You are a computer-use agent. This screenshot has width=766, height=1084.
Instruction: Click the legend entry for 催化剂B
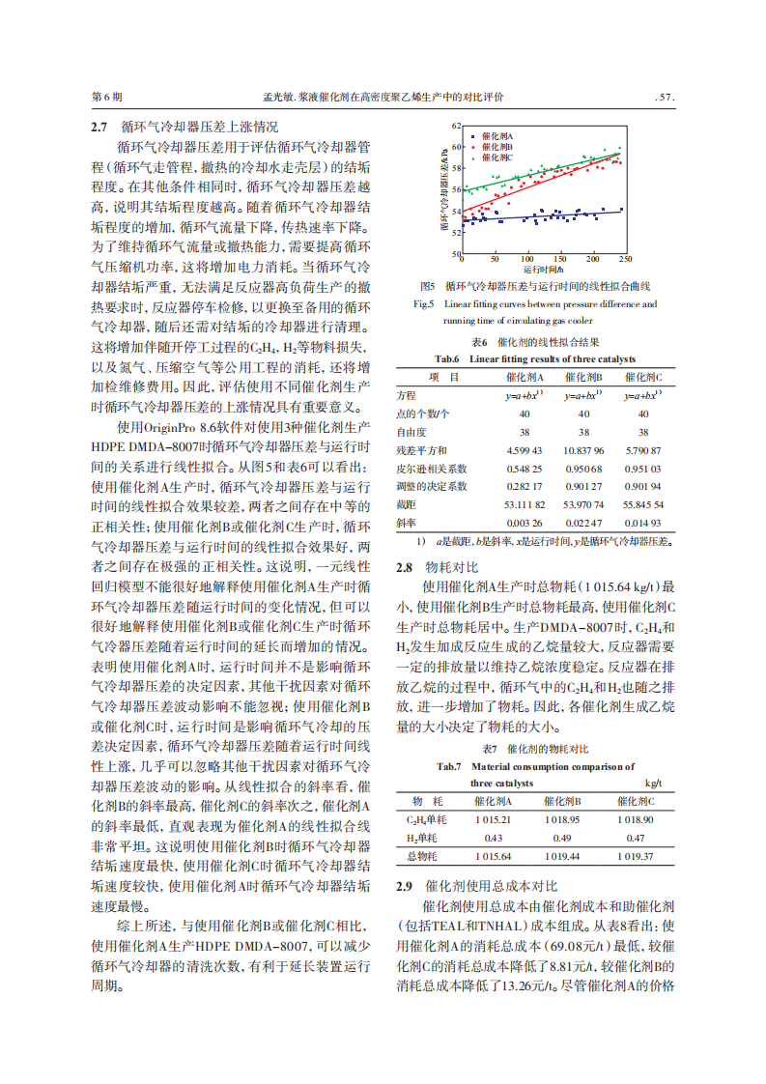pyautogui.click(x=495, y=147)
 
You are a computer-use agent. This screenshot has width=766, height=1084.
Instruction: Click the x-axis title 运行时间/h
pyautogui.click(x=542, y=269)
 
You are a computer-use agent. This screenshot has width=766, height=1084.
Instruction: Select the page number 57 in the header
pyautogui.click(x=665, y=98)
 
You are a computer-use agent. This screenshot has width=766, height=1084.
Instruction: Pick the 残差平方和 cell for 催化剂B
pyautogui.click(x=583, y=450)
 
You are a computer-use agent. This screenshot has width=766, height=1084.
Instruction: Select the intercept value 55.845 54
pyautogui.click(x=643, y=503)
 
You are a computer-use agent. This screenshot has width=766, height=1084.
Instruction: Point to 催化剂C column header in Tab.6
pyautogui.click(x=643, y=377)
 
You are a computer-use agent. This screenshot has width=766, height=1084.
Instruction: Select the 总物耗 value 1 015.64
pyautogui.click(x=493, y=856)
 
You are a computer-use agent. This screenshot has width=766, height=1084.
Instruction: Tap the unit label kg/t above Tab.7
pyautogui.click(x=653, y=783)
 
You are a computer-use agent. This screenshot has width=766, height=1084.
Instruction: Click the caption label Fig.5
pyautogui.click(x=423, y=304)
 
